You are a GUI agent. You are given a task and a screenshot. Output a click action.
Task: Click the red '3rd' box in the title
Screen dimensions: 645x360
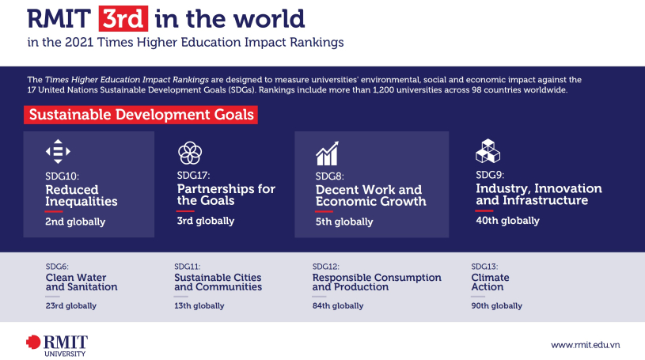click(x=123, y=18)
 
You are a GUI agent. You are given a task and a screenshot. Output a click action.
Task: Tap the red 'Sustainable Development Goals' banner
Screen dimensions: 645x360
click(x=141, y=115)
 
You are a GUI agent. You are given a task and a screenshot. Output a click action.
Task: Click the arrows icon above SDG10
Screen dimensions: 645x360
click(x=58, y=151)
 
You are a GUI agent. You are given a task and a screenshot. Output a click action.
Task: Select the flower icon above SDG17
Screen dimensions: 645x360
click(x=190, y=153)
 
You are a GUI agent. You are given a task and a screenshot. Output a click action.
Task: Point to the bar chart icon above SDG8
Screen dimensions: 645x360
click(x=327, y=153)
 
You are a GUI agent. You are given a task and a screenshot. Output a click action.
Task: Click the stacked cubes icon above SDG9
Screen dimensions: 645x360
click(x=488, y=151)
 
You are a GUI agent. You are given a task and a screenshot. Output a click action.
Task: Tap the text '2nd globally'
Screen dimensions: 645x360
click(x=75, y=222)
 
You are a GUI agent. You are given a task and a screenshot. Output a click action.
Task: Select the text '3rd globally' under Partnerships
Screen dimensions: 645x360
click(x=206, y=221)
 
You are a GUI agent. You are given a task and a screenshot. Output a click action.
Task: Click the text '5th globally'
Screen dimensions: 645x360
click(x=344, y=222)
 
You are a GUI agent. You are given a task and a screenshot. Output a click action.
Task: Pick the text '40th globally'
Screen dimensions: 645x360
click(x=507, y=221)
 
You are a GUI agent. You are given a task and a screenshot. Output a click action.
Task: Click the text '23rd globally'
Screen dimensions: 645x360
click(x=71, y=305)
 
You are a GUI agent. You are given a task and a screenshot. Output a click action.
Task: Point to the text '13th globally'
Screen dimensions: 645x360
click(x=199, y=305)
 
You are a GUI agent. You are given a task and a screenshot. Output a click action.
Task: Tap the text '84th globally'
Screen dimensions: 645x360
click(x=338, y=305)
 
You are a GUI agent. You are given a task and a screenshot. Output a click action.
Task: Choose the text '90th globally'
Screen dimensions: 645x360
click(x=496, y=305)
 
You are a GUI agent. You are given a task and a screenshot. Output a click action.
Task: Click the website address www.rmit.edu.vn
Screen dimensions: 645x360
click(x=586, y=345)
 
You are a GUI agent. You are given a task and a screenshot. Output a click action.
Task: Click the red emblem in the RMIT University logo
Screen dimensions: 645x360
click(x=33, y=342)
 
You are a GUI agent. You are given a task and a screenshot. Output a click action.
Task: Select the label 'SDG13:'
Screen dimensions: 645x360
click(x=484, y=267)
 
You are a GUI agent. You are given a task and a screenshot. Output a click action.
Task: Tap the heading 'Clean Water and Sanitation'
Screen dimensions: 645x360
click(x=82, y=282)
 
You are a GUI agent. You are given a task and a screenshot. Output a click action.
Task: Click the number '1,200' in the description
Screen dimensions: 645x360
click(x=384, y=89)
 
